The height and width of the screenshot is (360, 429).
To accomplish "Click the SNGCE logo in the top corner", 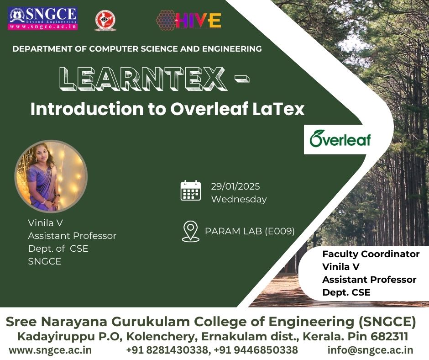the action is (43, 18).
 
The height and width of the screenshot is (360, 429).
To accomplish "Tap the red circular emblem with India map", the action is (105, 21).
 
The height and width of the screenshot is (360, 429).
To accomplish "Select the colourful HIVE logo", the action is (188, 20).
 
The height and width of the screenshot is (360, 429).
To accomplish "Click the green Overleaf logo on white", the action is (340, 139).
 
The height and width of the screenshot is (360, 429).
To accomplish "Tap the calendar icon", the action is (191, 191).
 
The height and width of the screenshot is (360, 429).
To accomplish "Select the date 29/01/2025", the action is (235, 186).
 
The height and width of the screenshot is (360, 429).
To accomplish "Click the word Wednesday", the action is (239, 199).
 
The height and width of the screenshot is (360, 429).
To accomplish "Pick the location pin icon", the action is (191, 231).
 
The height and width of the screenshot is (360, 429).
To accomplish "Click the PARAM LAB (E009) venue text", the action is (250, 231).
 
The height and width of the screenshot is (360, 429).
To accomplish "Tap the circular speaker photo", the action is (51, 176).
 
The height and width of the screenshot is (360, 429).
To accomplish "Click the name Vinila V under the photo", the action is (46, 223).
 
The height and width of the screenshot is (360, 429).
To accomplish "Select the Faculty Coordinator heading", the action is (371, 254).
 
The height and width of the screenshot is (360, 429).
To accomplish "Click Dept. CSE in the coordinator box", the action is (346, 292).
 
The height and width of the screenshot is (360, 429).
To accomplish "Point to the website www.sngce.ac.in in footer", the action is (50, 350).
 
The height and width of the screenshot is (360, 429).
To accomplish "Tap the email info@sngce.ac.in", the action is (371, 350).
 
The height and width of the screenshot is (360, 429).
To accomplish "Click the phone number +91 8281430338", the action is (167, 350).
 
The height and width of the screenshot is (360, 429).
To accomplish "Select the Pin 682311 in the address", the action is (378, 336).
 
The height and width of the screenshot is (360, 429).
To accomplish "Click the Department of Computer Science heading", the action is (137, 49).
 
